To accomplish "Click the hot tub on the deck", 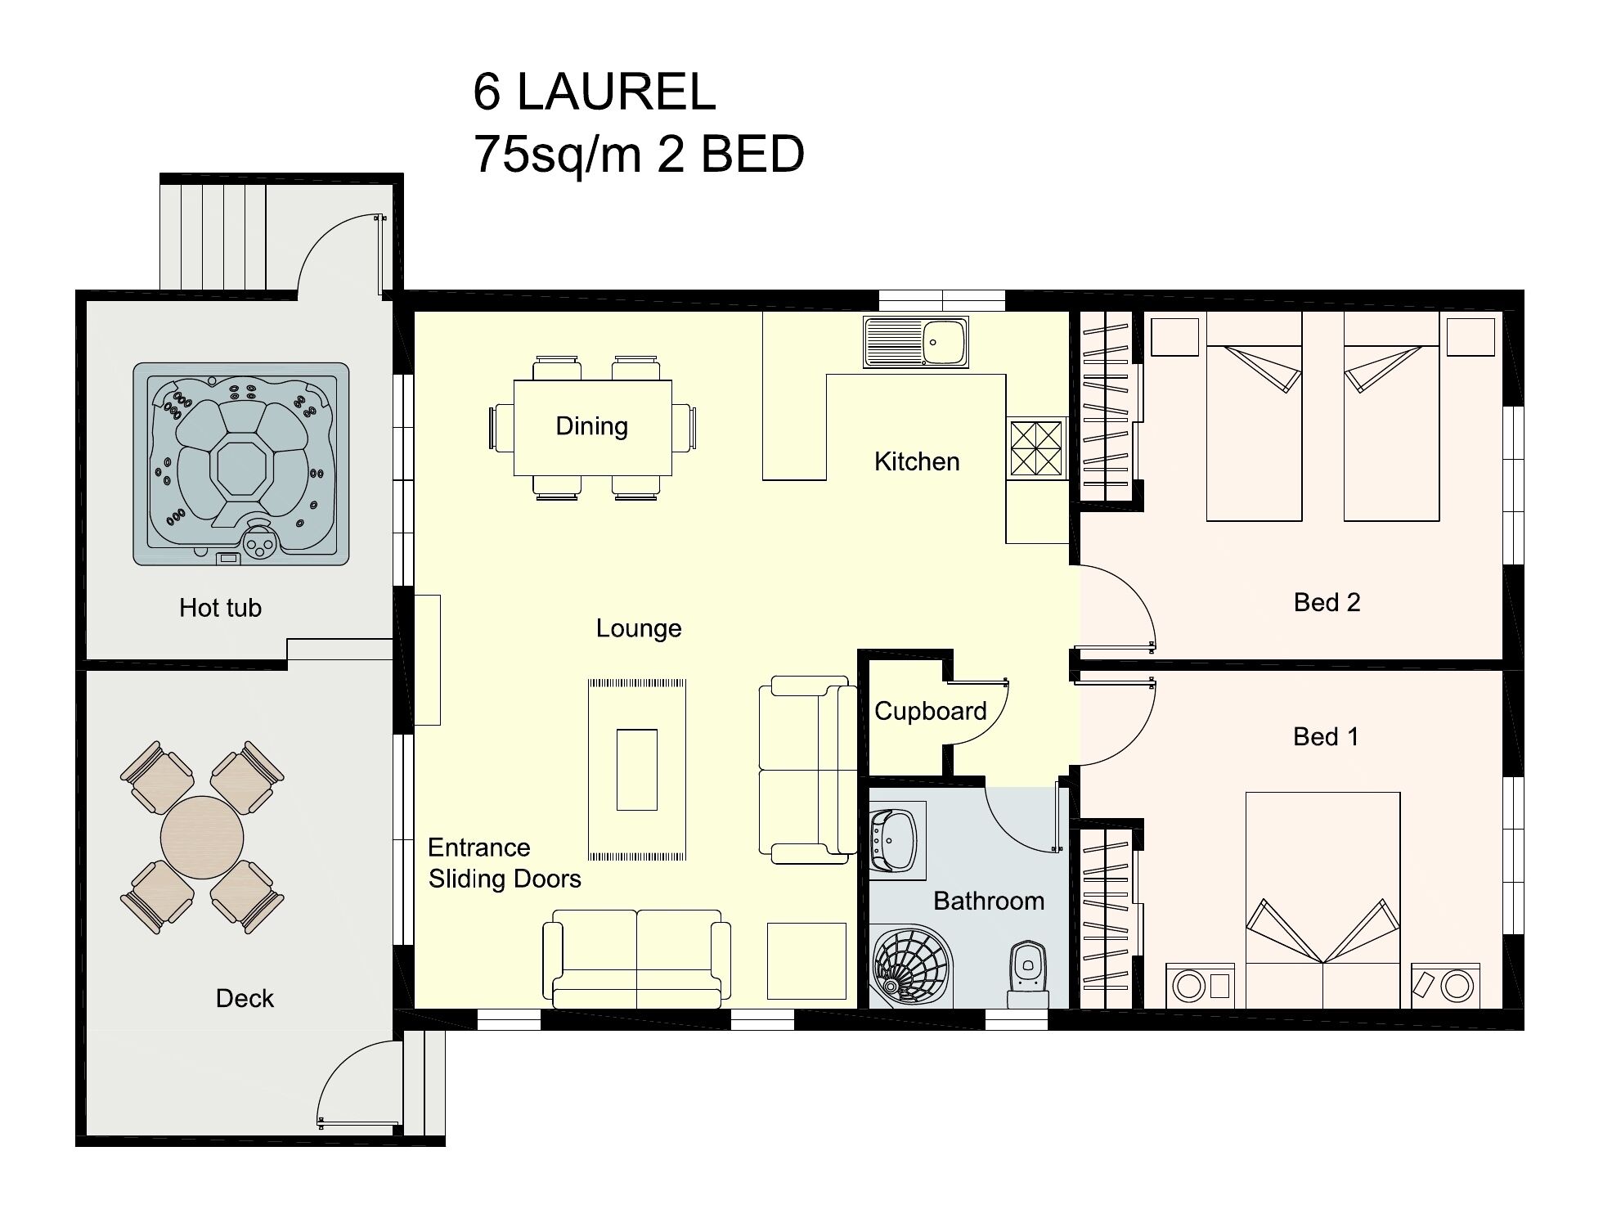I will [x=241, y=464].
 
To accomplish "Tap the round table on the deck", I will [x=202, y=837].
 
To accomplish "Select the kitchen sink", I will [x=916, y=343].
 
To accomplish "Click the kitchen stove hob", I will [x=1035, y=448].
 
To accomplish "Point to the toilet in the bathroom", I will [x=1028, y=973].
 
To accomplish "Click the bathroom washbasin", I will [x=896, y=841].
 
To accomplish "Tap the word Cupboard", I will [x=930, y=711].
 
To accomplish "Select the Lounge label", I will [x=638, y=628].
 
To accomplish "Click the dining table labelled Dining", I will [x=592, y=426].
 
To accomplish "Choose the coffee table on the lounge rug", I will [x=636, y=769].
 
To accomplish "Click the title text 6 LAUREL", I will [x=594, y=92].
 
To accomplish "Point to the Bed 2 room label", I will [x=1327, y=603].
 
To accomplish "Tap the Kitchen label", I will [x=916, y=461].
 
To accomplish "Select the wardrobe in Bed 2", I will [x=1105, y=406].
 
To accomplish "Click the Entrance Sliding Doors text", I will [x=504, y=863].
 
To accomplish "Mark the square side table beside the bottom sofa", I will [x=806, y=961].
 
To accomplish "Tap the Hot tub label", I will [x=220, y=608].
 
